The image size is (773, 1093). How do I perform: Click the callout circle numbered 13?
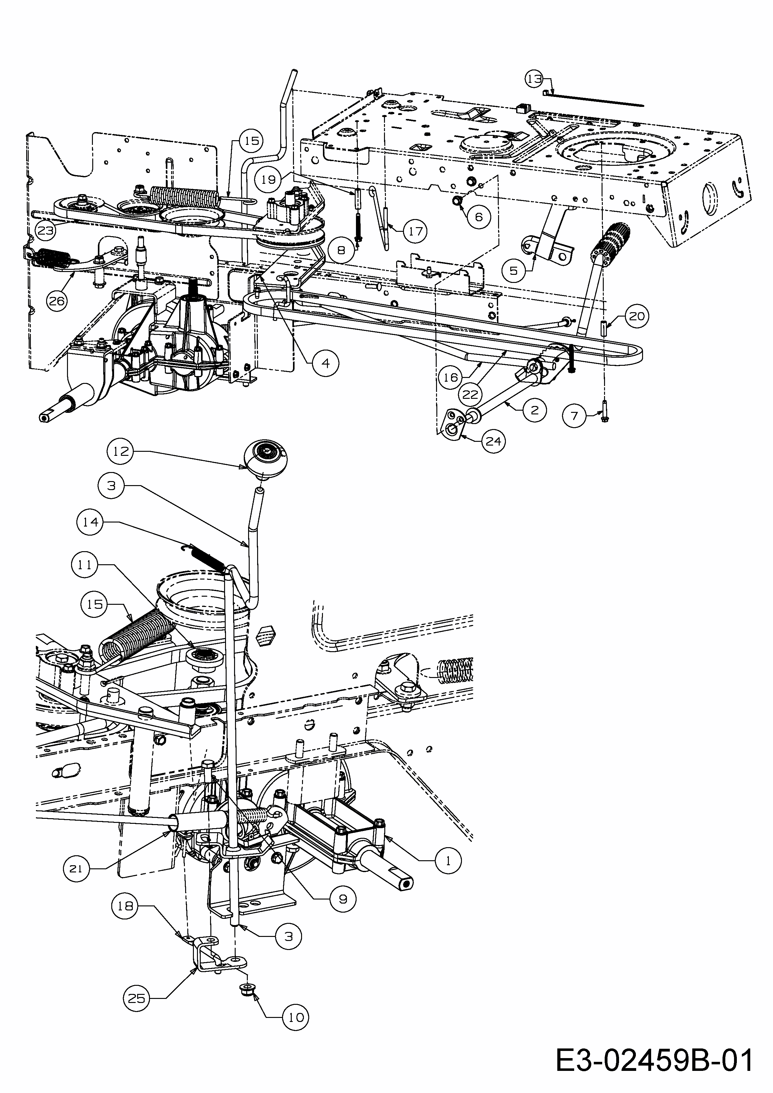coord(534,79)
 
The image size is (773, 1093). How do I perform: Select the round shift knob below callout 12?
coord(266,459)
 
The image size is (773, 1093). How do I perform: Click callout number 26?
coord(57,301)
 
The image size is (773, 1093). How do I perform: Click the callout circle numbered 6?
coord(479,217)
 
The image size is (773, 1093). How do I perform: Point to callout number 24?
coord(493,441)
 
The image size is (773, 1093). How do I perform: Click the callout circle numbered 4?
coord(325,363)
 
